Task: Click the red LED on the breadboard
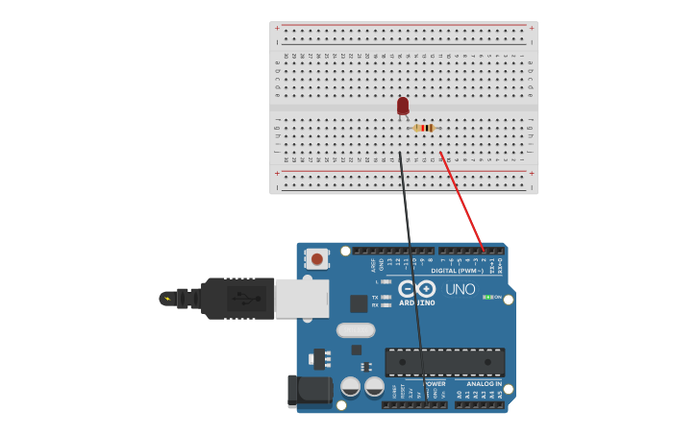pos(403,106)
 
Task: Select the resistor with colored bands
pos(424,128)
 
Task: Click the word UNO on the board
pos(460,289)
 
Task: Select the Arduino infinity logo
pos(417,288)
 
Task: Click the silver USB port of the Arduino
pos(302,299)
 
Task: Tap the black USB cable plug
pos(236,299)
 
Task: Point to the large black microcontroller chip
pos(444,362)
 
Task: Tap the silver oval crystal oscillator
pos(356,330)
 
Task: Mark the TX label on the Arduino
pos(375,298)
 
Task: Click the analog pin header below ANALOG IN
pos(479,404)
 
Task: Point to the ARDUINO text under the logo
pos(417,303)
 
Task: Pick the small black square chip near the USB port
pos(359,303)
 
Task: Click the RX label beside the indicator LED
pos(375,305)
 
